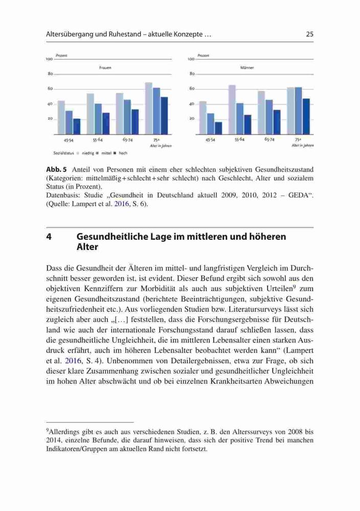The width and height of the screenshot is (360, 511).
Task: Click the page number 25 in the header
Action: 309,34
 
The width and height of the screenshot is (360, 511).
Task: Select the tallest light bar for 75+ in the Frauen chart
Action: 149,108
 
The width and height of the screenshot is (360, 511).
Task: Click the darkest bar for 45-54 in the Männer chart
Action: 218,128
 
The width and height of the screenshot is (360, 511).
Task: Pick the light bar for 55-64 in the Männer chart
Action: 232,109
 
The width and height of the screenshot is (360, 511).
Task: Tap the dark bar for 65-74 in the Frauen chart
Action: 135,122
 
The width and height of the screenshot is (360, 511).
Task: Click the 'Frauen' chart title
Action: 105,68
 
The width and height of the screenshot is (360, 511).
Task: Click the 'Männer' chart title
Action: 247,68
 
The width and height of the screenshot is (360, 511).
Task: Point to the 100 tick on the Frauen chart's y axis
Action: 49,59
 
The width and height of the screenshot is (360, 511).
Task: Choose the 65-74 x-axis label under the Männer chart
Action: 269,140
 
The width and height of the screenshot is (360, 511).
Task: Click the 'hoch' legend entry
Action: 123,153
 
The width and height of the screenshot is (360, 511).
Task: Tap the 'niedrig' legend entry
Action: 88,153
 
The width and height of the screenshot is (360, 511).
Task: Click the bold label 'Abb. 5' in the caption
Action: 56,170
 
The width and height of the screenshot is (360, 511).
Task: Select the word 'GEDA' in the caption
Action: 298,196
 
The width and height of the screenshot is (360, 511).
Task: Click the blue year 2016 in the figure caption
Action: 121,204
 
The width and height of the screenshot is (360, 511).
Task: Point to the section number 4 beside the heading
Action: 49,237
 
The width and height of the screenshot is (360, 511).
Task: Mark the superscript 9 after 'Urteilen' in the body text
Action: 294,287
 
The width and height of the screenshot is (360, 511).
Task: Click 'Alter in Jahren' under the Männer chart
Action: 303,146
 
